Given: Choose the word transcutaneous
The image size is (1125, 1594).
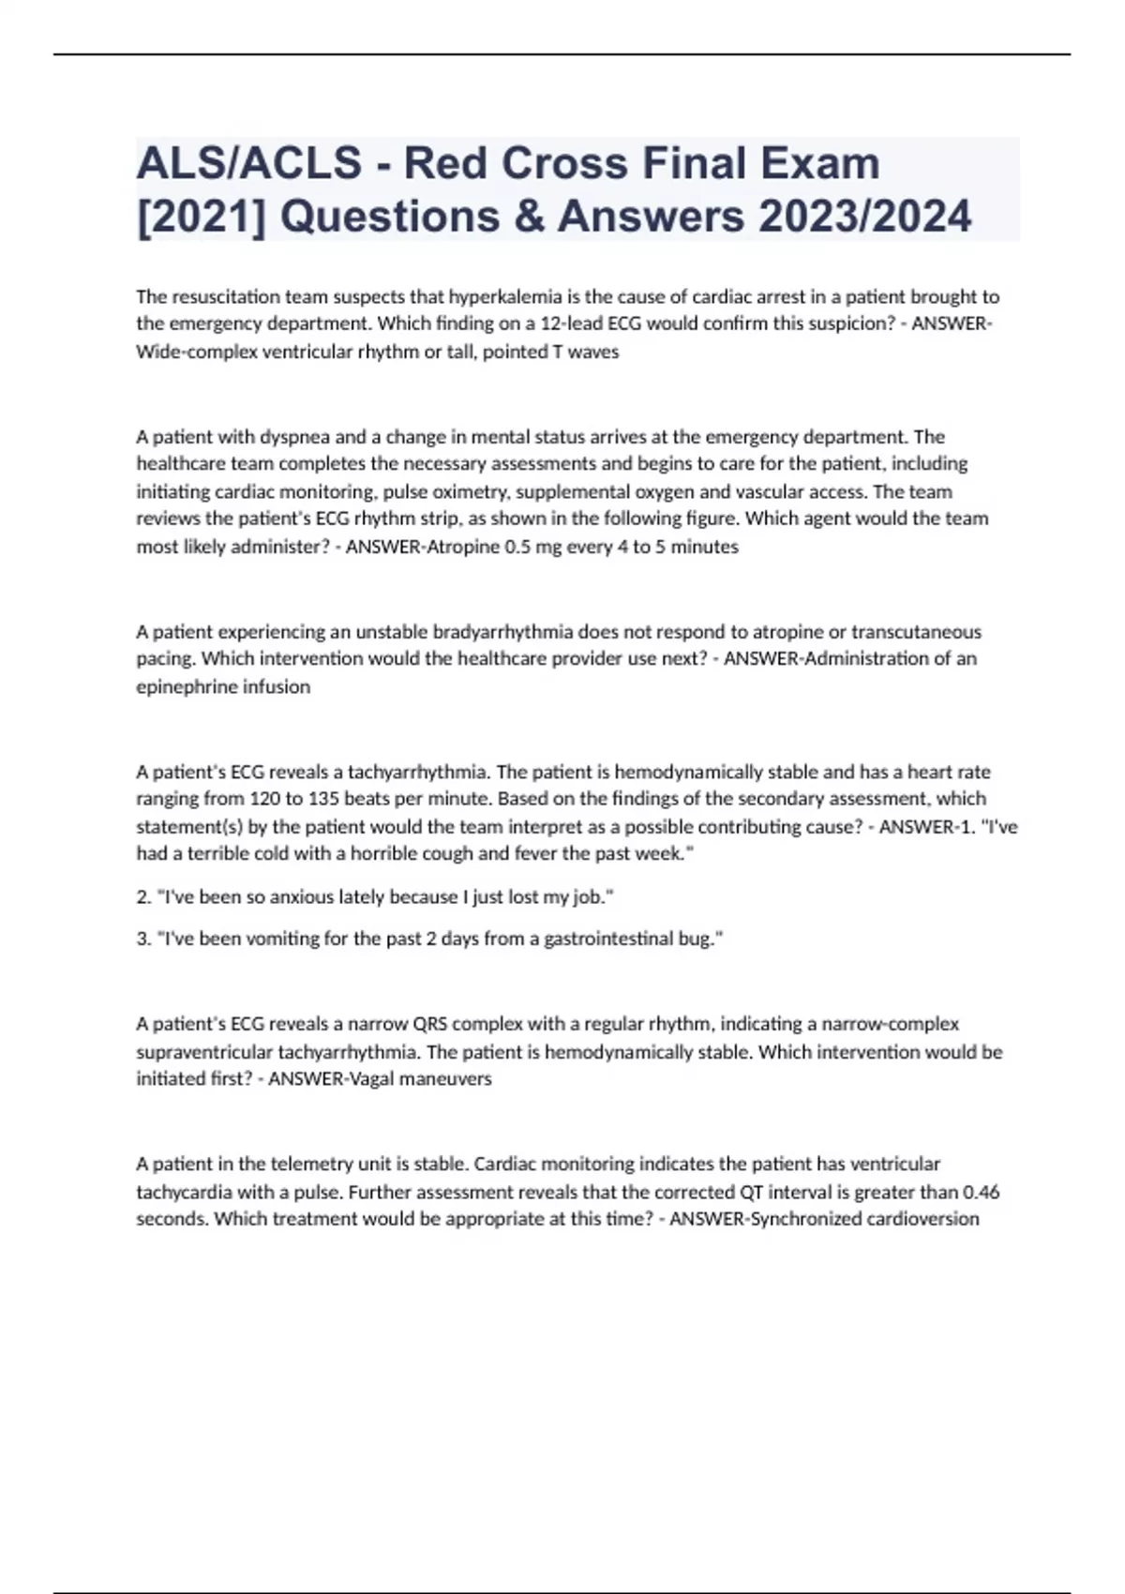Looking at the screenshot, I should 916,632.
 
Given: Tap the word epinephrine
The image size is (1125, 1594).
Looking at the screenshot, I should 181,687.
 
